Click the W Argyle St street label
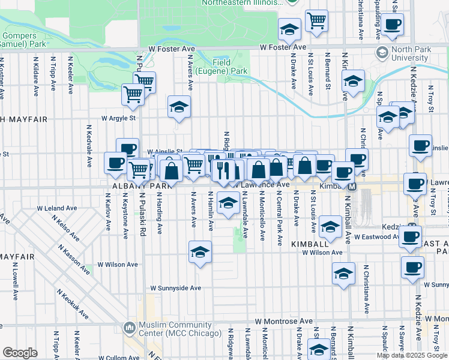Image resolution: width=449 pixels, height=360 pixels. click(x=118, y=118)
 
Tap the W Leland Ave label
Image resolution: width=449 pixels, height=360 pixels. click(x=57, y=208)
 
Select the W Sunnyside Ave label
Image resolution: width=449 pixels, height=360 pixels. click(x=175, y=288)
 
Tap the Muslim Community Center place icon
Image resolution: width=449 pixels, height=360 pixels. click(x=129, y=328)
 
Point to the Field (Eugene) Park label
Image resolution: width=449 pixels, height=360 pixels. click(x=230, y=67)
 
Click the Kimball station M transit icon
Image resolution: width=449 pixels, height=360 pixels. click(x=352, y=187)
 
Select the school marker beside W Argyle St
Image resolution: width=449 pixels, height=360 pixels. click(x=179, y=107)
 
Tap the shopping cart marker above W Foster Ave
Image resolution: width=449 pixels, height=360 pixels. click(x=316, y=21)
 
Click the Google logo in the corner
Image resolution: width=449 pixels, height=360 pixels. click(x=20, y=353)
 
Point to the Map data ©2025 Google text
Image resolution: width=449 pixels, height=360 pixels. click(x=412, y=355)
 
